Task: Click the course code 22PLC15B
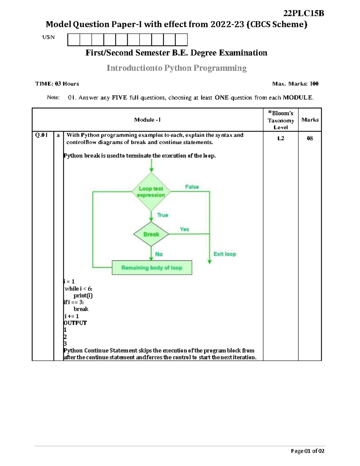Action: [304, 14]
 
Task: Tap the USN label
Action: [48, 37]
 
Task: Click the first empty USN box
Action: [74, 40]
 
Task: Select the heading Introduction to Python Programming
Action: [176, 68]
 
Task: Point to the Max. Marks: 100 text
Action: [295, 84]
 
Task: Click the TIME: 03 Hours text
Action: [57, 84]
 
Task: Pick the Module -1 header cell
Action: [147, 120]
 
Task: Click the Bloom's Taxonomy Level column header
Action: [280, 120]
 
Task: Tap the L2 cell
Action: [280, 138]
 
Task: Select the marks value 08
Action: [310, 138]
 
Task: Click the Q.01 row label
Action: [41, 135]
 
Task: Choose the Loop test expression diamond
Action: [151, 192]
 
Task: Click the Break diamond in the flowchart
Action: [151, 234]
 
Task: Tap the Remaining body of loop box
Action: [152, 268]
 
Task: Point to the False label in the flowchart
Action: [192, 187]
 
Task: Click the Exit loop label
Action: [225, 254]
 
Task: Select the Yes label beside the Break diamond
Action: [184, 229]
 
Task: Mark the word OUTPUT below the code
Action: [75, 323]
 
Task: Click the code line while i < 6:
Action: [79, 289]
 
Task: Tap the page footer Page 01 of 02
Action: [307, 451]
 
